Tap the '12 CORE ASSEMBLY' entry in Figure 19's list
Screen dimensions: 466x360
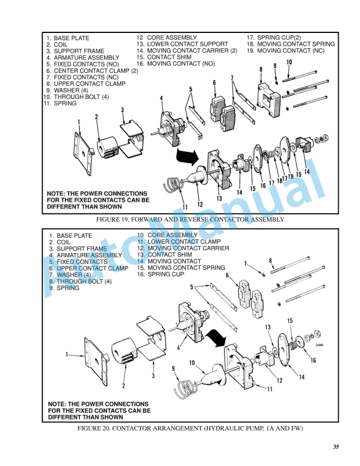click(x=167, y=37)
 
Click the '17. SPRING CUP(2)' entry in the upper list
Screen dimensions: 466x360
click(x=274, y=37)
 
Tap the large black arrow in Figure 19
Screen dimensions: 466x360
click(x=188, y=156)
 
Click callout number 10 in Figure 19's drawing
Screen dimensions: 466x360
click(x=289, y=62)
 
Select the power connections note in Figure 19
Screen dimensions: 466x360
click(x=97, y=200)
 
